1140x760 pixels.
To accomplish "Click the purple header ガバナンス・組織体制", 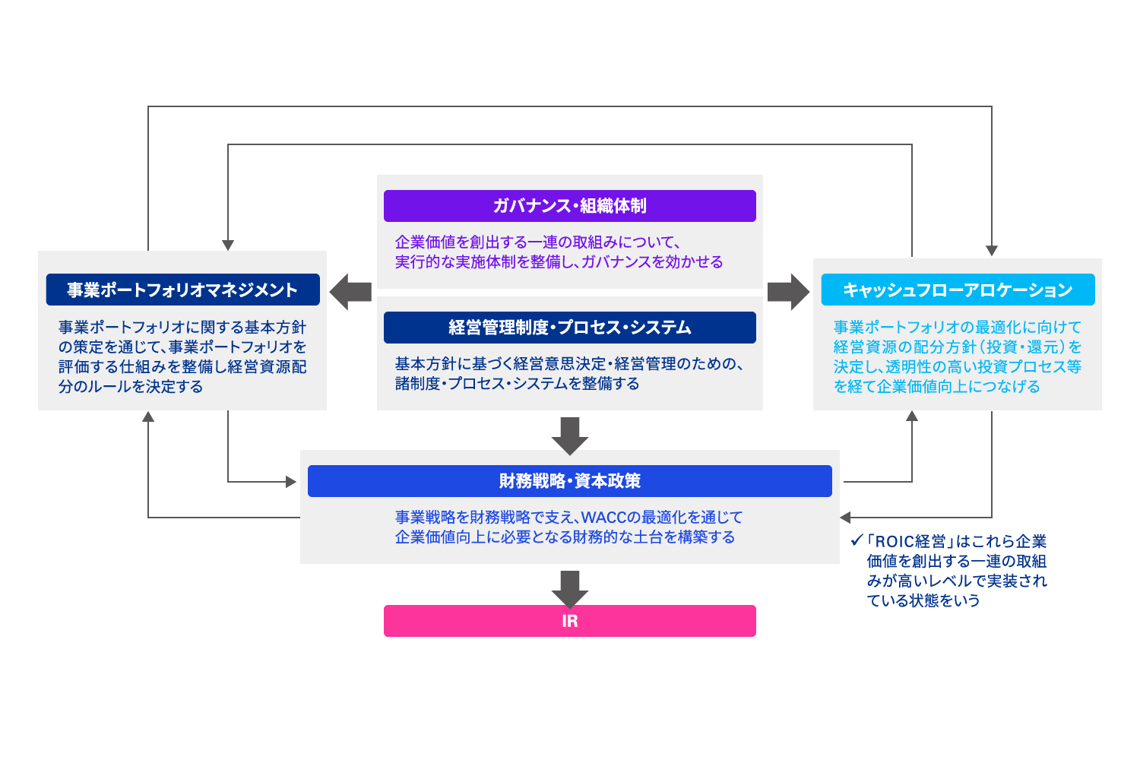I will pos(569,206).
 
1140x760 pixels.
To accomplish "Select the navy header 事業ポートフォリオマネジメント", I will pos(182,290).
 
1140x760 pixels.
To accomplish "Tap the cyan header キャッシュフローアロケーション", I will pos(958,290).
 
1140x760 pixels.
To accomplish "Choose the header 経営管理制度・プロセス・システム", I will pos(569,328).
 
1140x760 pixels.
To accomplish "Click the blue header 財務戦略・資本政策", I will pos(569,481).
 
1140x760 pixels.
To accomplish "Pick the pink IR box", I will pos(569,621).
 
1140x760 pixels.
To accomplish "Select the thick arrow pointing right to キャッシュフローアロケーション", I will pos(789,292).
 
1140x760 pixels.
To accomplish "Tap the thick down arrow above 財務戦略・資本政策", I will pos(570,435).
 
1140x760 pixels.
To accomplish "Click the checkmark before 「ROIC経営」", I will pos(857,541).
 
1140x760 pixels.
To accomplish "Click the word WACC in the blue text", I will pos(603,518).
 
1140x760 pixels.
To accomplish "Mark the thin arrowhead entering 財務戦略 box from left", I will pos(291,482).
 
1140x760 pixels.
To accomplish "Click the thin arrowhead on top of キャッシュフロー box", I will pos(992,251).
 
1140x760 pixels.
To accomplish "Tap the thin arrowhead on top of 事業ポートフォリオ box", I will pos(228,245).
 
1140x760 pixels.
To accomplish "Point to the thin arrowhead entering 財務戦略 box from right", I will pos(845,518).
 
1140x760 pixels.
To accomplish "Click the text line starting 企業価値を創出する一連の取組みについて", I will pos(537,242).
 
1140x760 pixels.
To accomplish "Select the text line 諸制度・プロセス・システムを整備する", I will pos(517,384).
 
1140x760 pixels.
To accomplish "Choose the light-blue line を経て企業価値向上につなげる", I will pos(936,387).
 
